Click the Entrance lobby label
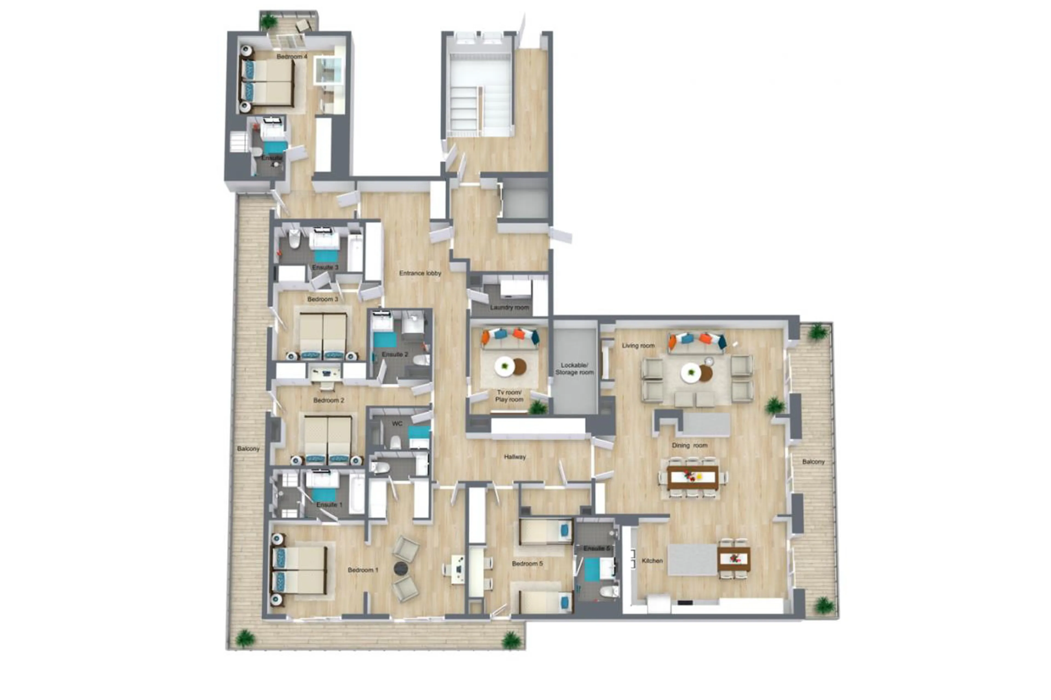420,273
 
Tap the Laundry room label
509,307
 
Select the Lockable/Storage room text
574,369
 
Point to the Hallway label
515,457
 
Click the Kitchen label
652,561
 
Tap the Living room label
638,345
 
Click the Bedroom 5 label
527,564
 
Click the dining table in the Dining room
693,478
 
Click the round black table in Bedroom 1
401,568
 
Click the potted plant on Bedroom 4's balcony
268,21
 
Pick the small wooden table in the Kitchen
734,559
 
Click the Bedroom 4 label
292,57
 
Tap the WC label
397,424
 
